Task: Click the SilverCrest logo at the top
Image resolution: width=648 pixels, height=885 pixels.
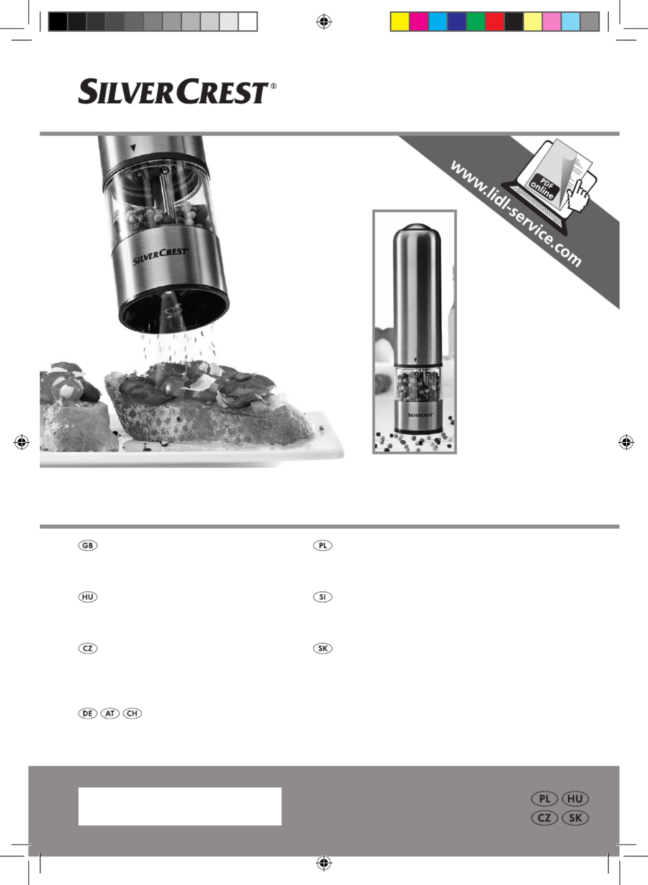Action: [177, 91]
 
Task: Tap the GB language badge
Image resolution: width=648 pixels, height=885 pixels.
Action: [88, 546]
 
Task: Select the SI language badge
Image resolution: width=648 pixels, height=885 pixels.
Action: [322, 597]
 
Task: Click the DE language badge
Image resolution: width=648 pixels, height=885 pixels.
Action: [88, 713]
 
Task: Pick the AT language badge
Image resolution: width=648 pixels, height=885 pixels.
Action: [110, 713]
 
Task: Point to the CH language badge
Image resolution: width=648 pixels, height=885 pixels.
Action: [132, 713]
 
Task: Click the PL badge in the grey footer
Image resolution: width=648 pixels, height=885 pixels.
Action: [545, 799]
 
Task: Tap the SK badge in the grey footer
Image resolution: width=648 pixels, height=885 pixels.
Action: [575, 818]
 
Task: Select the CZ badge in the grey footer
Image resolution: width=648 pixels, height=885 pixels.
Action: [545, 818]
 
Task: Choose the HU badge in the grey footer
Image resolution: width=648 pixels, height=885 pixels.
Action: [575, 799]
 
